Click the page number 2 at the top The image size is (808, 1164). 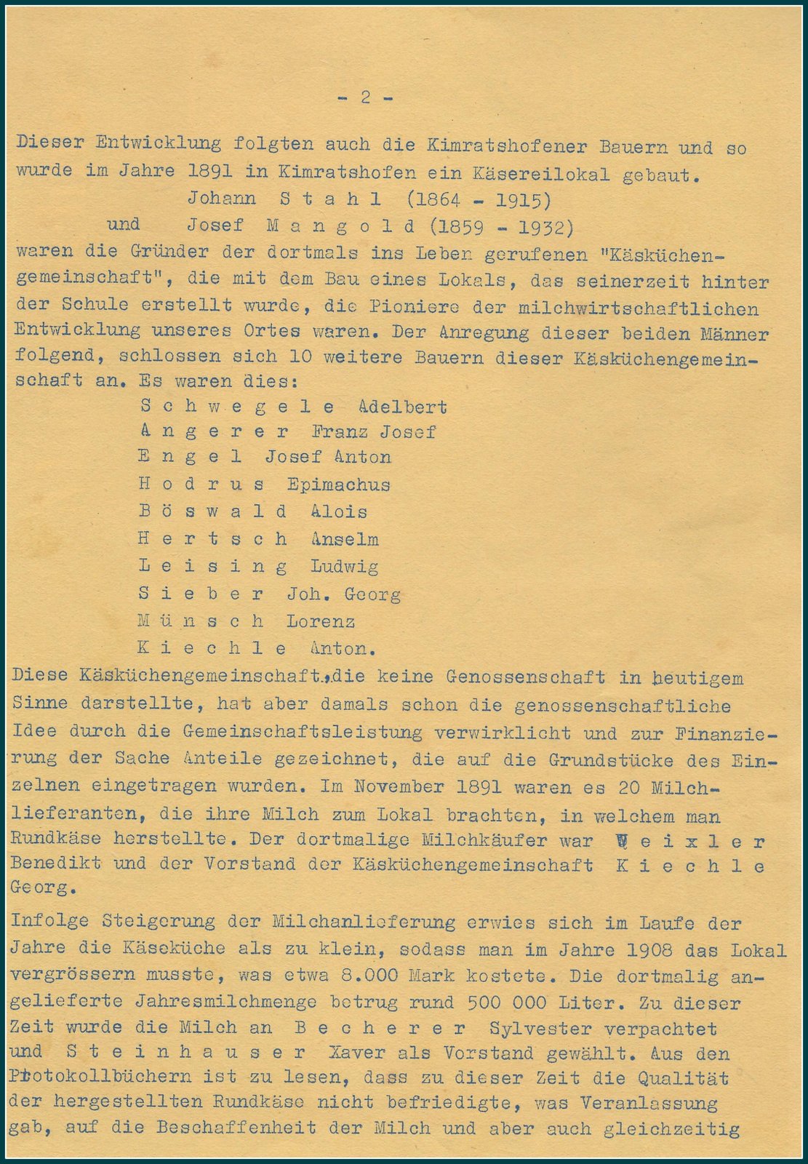[366, 97]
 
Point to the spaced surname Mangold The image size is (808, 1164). [340, 226]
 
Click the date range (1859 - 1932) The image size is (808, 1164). [501, 228]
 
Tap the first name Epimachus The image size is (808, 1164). [338, 485]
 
